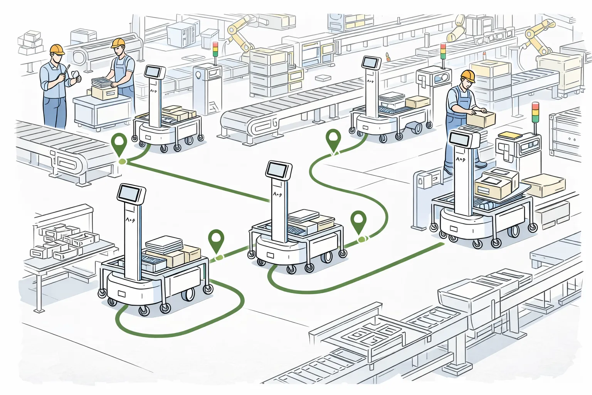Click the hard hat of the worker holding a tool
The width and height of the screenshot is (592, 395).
[x=57, y=49]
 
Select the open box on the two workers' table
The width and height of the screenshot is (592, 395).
[x=104, y=92]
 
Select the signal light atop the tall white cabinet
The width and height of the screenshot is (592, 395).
[x=215, y=49]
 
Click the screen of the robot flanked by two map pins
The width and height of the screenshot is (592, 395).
[x=278, y=170]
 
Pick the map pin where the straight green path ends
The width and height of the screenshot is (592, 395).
[x=119, y=143]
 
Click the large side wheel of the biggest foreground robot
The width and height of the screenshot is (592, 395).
[x=188, y=294]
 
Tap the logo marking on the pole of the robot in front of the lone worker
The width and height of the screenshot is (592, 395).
[x=460, y=159]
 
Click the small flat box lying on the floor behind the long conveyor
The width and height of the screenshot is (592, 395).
[x=323, y=78]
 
